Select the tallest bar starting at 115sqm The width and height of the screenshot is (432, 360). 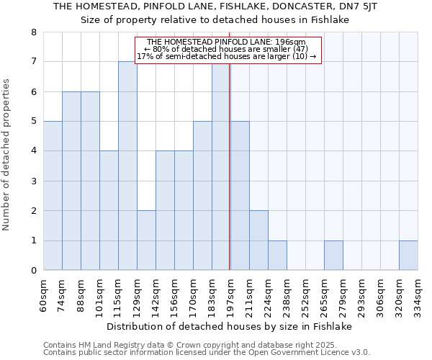pyautogui.click(x=127, y=166)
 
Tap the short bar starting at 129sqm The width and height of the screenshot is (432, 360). pyautogui.click(x=146, y=240)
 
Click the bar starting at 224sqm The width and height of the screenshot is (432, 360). pyautogui.click(x=277, y=256)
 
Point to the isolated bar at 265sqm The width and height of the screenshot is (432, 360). pyautogui.click(x=333, y=256)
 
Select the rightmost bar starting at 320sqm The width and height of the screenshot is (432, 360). pyautogui.click(x=408, y=256)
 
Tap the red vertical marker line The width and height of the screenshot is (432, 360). pyautogui.click(x=229, y=180)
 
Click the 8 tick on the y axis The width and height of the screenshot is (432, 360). pyautogui.click(x=33, y=32)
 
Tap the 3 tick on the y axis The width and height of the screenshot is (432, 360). pyautogui.click(x=33, y=181)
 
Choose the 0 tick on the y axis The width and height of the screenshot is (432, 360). pyautogui.click(x=33, y=271)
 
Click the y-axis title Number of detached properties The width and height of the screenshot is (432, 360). pyautogui.click(x=7, y=152)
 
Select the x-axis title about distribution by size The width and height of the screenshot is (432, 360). pyautogui.click(x=229, y=326)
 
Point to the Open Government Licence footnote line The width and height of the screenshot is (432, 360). pyautogui.click(x=207, y=353)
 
